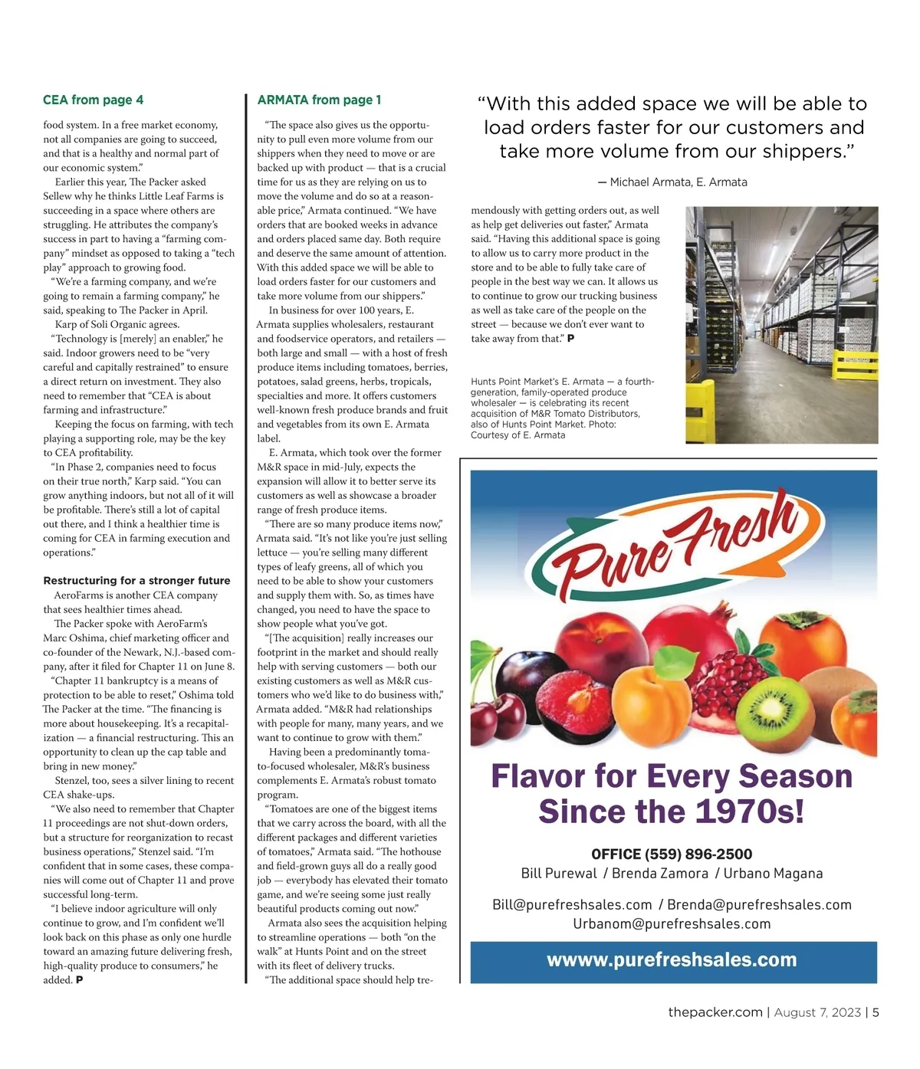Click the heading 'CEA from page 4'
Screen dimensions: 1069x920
(x=93, y=100)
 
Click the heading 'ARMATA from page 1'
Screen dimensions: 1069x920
(x=319, y=100)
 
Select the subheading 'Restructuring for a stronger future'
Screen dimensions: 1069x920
(x=136, y=581)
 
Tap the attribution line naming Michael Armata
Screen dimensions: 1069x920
(x=672, y=182)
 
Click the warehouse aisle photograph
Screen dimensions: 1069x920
(x=781, y=324)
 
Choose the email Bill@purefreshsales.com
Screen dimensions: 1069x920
(x=572, y=905)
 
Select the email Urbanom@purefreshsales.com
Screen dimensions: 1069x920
(x=672, y=924)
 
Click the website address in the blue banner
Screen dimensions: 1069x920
(x=672, y=960)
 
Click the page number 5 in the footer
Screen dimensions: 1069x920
(x=875, y=1012)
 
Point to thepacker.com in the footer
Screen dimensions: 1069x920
(x=715, y=1012)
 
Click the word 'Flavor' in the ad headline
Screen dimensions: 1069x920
(x=539, y=776)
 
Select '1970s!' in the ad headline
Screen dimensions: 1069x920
(x=749, y=812)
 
